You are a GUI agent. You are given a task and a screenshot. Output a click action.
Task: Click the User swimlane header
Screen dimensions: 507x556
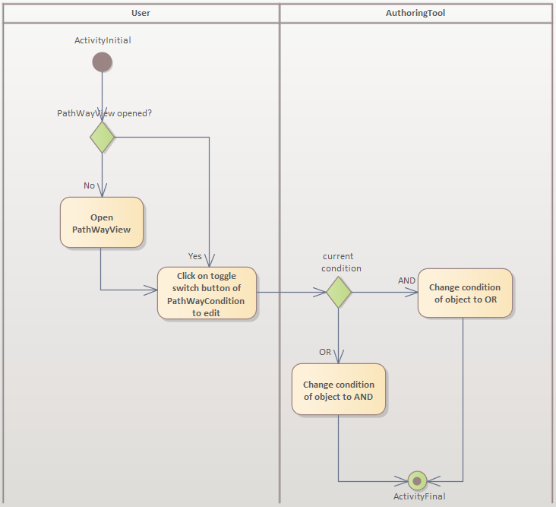141,13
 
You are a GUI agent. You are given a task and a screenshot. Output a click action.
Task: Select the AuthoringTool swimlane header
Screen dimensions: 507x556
415,13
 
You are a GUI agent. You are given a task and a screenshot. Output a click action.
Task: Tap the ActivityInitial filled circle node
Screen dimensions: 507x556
102,62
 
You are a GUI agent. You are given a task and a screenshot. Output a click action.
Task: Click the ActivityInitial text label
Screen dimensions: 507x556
103,40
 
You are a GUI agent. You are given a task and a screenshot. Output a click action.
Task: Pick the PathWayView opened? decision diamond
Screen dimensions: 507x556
102,138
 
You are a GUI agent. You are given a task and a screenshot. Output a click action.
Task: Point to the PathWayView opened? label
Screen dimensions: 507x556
104,113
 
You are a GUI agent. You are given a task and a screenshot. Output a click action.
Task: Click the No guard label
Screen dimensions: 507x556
89,185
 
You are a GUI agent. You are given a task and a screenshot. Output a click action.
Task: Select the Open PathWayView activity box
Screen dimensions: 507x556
102,223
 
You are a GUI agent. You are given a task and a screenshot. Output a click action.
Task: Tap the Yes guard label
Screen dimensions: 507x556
195,256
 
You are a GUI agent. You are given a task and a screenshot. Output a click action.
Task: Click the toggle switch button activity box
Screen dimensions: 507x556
207,293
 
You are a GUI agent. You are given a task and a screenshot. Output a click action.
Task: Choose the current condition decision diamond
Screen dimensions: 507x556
338,292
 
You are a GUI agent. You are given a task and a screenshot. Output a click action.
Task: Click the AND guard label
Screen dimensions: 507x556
406,280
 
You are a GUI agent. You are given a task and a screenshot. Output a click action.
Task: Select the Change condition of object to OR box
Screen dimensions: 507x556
464,293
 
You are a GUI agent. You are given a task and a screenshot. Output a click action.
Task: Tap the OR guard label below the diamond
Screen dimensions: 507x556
325,352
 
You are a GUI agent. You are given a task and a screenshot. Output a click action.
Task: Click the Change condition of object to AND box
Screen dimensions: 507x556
338,389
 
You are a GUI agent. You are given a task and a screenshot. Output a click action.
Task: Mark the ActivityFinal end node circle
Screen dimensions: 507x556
416,480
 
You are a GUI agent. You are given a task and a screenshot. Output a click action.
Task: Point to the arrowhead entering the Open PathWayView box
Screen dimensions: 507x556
102,192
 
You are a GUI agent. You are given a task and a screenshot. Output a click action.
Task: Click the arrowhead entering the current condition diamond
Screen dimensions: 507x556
321,292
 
